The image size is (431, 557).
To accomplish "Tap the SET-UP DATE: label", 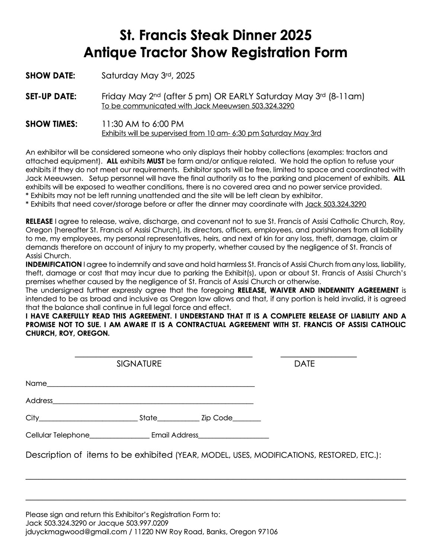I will [x=51, y=97].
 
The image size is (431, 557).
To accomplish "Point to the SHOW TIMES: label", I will [x=51, y=124].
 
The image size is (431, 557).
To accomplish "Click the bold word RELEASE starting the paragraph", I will [x=39, y=222].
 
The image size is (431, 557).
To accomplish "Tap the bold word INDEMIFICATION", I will [x=54, y=264].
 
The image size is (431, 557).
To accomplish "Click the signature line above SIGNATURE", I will [x=164, y=356].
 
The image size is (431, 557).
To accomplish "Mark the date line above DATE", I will [x=318, y=356].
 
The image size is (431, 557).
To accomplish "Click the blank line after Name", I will [x=151, y=386].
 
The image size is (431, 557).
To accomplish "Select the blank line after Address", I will [x=153, y=403].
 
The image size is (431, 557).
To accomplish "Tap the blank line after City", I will [x=88, y=420].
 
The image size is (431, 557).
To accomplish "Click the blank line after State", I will [x=178, y=420].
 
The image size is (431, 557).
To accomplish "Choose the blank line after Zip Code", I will [x=247, y=420].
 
